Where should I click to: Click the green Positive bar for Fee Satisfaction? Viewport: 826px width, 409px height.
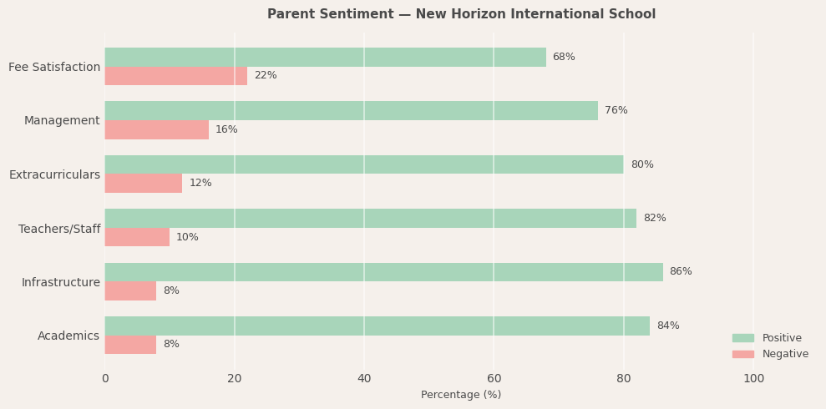point(325,57)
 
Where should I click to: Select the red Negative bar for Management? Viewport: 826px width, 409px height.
point(156,129)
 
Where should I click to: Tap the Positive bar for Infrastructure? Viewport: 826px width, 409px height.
point(383,272)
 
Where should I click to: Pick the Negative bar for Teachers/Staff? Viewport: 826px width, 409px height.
point(137,237)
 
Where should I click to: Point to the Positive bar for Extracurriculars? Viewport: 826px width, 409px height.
point(364,164)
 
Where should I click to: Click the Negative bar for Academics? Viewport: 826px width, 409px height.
point(130,345)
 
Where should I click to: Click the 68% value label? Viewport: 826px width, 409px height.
point(564,57)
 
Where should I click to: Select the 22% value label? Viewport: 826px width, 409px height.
point(266,76)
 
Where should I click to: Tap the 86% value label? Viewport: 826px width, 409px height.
point(681,272)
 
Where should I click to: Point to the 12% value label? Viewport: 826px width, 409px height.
point(200,184)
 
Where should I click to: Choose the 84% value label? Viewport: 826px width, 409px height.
point(668,326)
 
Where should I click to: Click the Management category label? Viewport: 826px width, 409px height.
point(62,121)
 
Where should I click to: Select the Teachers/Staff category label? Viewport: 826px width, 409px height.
point(59,229)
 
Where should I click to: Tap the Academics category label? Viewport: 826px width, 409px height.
point(68,336)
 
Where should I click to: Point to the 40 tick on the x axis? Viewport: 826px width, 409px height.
point(364,379)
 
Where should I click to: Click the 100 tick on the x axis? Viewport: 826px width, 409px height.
point(753,379)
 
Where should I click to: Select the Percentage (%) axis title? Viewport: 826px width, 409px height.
point(461,395)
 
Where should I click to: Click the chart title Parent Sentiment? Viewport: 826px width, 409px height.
point(461,14)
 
